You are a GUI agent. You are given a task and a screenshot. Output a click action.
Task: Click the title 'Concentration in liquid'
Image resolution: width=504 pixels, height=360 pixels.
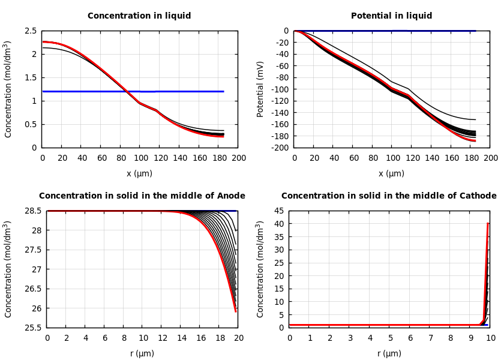coord(139,16)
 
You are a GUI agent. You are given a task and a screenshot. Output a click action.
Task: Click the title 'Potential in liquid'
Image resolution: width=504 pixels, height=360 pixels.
coord(391,16)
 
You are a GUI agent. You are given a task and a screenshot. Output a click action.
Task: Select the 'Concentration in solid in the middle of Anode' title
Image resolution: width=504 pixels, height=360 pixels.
coord(142,196)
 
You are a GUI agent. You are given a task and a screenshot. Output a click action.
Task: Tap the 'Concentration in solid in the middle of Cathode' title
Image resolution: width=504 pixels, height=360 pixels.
coord(389,196)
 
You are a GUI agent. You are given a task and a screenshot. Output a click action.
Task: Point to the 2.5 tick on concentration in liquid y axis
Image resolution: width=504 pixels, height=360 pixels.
coord(30,31)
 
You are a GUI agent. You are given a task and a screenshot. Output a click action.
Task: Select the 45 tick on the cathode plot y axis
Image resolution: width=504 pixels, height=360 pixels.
coord(278,211)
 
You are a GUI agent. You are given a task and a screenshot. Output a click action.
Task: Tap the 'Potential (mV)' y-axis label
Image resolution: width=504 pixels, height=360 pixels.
coord(260,89)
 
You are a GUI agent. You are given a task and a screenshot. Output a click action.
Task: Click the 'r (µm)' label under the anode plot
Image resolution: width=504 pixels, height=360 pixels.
coord(142,353)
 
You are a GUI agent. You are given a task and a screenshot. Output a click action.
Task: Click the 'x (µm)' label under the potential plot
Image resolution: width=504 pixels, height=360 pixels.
coord(391,173)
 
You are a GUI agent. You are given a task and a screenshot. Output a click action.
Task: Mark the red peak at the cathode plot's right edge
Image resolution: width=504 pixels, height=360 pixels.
coord(488,224)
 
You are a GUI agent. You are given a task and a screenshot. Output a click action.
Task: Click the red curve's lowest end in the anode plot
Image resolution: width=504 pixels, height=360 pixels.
coord(235,311)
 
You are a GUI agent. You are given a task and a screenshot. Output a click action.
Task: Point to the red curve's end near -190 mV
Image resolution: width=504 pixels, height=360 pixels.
coord(475,140)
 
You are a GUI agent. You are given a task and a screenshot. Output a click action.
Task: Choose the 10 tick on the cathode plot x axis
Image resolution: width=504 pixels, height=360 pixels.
coord(491,338)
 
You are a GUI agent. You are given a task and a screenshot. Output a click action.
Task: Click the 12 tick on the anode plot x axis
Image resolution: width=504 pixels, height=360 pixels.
coord(161,338)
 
